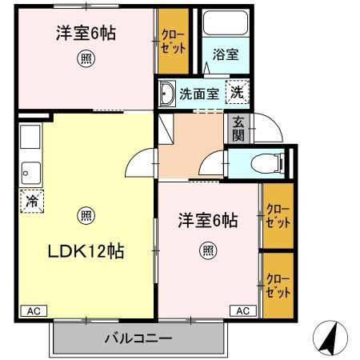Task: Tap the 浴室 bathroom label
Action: (x=225, y=54)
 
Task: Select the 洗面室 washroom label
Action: (x=199, y=94)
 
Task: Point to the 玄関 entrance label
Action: (x=238, y=128)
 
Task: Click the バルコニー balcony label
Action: (x=138, y=338)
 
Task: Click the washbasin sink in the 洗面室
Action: (x=167, y=94)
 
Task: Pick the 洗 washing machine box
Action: (x=238, y=93)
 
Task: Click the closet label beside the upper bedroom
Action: (x=173, y=41)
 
